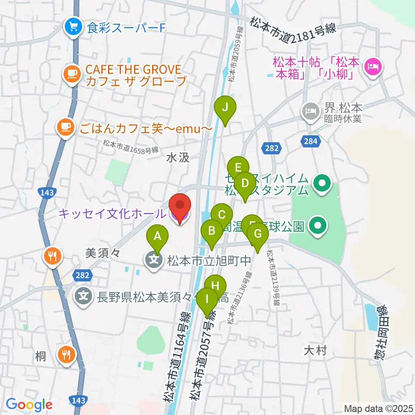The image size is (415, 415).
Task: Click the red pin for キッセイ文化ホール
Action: pyautogui.click(x=179, y=207)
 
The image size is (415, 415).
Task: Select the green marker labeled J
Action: pyautogui.click(x=225, y=108)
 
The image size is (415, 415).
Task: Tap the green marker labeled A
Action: pyautogui.click(x=157, y=237)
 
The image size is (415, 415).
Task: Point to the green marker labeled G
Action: pyautogui.click(x=258, y=235)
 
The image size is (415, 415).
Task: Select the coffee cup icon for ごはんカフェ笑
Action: pyautogui.click(x=65, y=127)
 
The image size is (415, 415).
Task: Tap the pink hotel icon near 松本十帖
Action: pyautogui.click(x=372, y=67)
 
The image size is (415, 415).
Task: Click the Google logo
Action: pyautogui.click(x=29, y=405)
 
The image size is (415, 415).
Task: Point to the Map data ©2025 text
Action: pyautogui.click(x=379, y=408)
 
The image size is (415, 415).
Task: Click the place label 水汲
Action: pyautogui.click(x=178, y=158)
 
